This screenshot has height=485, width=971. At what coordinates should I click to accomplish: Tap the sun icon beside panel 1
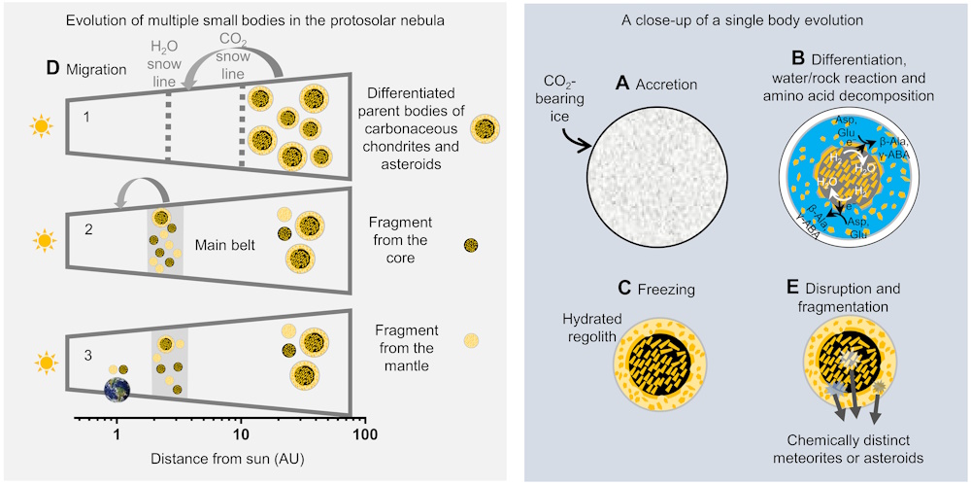coord(41,125)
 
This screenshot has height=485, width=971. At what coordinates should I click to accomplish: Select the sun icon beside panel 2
coord(41,238)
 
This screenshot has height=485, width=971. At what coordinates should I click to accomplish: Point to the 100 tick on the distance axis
coord(364,422)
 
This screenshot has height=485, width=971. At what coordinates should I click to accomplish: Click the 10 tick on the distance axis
coord(242,422)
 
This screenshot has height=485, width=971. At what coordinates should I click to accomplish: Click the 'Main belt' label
coord(222,246)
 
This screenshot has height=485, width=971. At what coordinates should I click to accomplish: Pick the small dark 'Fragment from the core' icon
coord(471,244)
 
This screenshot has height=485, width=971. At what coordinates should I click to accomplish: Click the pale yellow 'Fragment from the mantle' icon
coord(471,340)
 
